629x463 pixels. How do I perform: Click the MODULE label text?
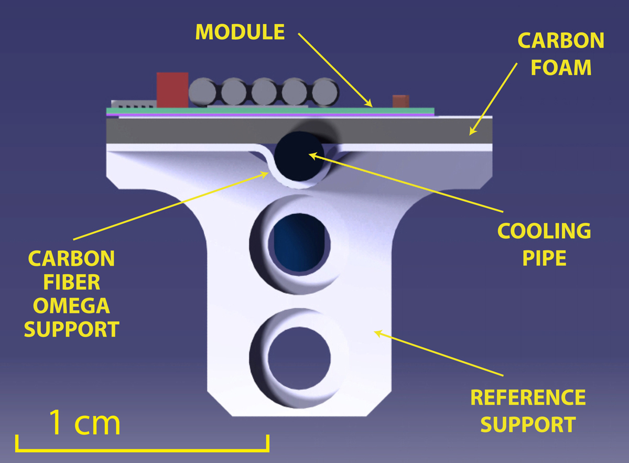[x=240, y=32]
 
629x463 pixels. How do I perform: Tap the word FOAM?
[x=561, y=67]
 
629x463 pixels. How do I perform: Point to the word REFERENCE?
[x=528, y=397]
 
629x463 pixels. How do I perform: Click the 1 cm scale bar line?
[x=143, y=449]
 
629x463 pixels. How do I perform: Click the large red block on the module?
[x=172, y=90]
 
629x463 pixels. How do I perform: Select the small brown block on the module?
[x=400, y=101]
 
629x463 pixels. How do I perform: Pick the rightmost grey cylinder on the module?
[x=326, y=92]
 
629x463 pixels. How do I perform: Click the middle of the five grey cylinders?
[x=264, y=92]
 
